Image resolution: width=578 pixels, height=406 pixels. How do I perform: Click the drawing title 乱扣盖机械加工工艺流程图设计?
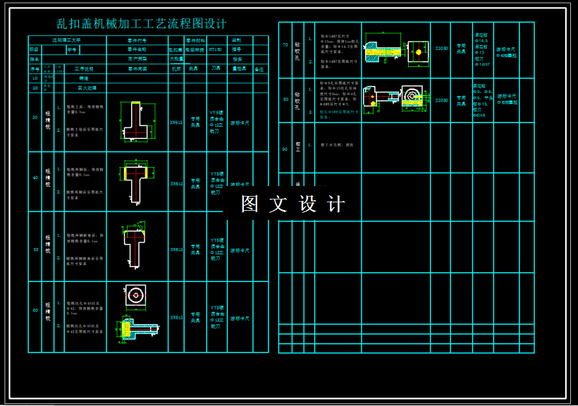(x=142, y=24)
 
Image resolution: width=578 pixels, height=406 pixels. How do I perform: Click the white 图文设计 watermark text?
(x=293, y=204)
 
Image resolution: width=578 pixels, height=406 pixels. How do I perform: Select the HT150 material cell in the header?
(x=215, y=50)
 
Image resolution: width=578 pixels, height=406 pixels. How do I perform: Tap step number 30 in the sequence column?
(x=35, y=117)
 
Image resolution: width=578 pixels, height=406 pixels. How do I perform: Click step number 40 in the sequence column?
(x=35, y=178)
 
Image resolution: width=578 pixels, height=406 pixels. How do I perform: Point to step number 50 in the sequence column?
(x=35, y=249)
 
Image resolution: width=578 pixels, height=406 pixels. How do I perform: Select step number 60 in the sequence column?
(x=35, y=311)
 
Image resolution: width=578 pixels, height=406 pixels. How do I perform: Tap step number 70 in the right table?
(x=285, y=45)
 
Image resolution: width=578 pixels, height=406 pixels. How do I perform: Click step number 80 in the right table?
(x=285, y=99)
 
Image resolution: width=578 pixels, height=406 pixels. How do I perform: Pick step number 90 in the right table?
(x=285, y=149)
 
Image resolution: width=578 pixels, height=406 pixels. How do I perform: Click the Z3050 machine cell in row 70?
(x=441, y=49)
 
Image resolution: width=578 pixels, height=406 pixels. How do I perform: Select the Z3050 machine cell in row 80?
(x=441, y=100)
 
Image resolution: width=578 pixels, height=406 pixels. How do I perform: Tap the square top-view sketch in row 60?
(x=135, y=296)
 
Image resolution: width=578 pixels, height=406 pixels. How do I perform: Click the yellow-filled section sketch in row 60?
(x=135, y=328)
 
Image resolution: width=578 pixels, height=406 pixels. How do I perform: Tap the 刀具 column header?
(x=216, y=69)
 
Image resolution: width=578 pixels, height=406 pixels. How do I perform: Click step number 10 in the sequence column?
(x=35, y=78)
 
